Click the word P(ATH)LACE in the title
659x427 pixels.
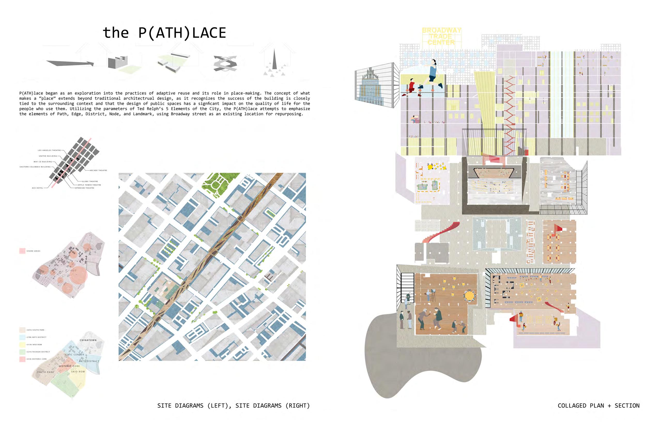182,33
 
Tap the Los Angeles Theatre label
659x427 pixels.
49,150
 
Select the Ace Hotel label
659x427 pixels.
37,188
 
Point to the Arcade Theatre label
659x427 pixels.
98,170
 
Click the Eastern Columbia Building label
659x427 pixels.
35,167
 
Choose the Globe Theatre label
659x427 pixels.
90,181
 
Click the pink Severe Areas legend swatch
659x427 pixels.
22,251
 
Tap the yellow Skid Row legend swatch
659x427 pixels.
22,345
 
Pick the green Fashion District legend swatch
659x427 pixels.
22,352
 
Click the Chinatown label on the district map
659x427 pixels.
88,340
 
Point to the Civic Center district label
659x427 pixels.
74,355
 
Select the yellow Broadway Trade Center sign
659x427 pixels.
441,36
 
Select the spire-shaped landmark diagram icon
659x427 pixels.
274,60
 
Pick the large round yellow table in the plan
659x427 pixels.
469,296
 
